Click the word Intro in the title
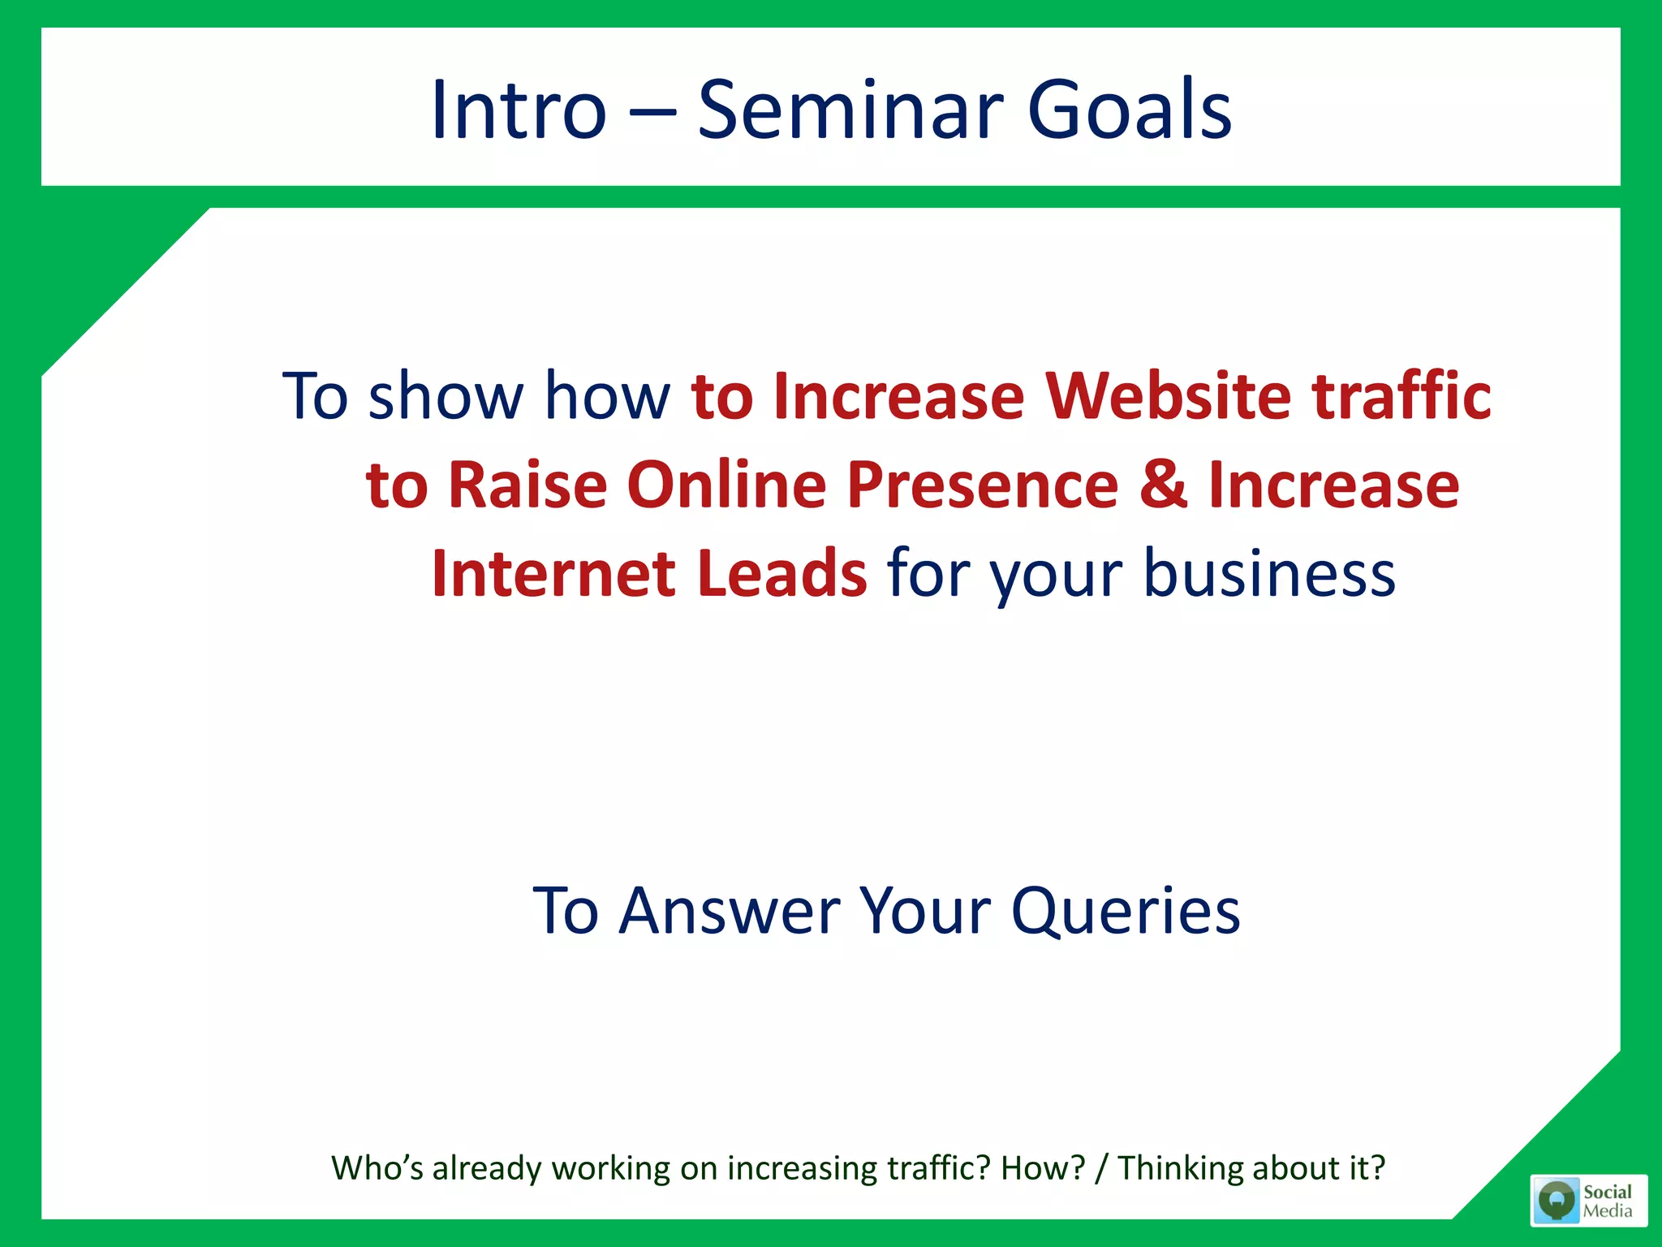tap(518, 110)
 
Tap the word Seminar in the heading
tap(850, 110)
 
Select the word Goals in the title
tap(1129, 110)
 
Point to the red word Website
tap(1168, 396)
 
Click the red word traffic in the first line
tap(1402, 396)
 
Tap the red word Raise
tap(527, 485)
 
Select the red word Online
tap(726, 485)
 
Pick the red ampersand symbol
tap(1164, 485)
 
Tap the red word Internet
tap(553, 573)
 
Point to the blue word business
tap(1269, 573)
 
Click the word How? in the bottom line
tap(1043, 1168)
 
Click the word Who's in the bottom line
tap(377, 1168)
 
